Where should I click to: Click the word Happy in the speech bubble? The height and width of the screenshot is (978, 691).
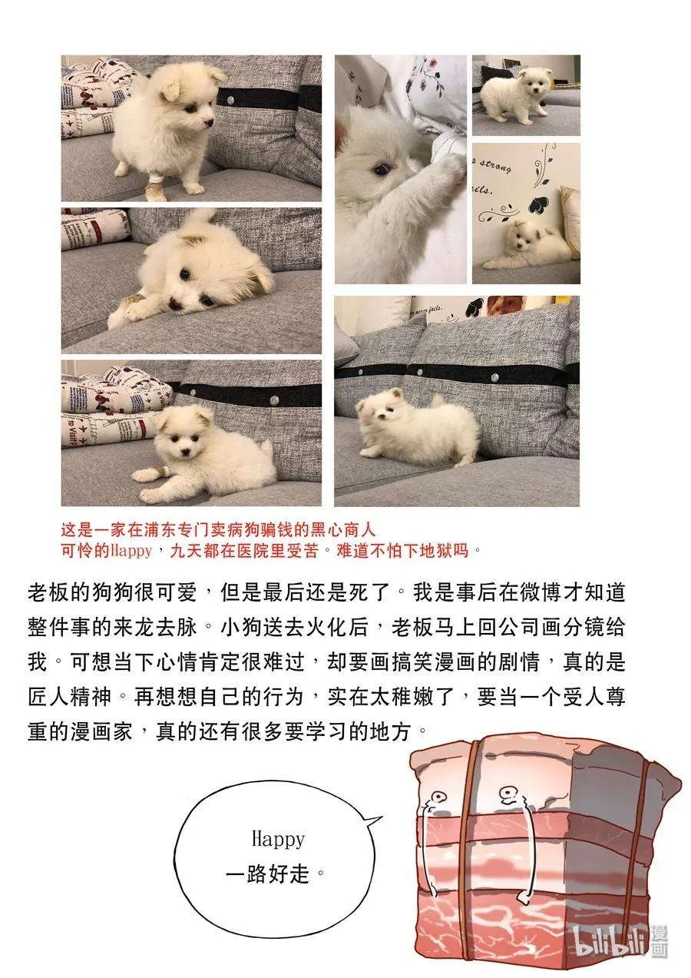(278, 839)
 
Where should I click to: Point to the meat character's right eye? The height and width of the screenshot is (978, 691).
(508, 792)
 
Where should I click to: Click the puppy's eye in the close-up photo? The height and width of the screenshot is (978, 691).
(381, 170)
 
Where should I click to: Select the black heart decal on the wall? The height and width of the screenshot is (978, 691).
(539, 206)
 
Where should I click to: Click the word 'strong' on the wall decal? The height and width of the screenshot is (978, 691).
(496, 163)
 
